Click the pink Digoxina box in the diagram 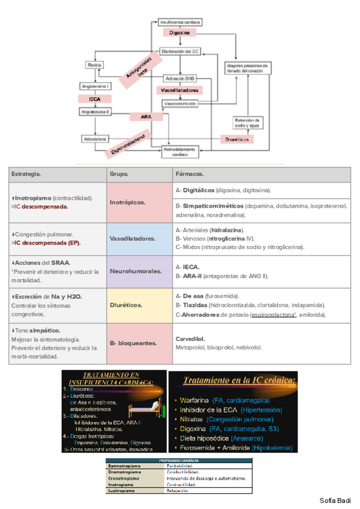point(179,33)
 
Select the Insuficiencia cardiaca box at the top point(180,22)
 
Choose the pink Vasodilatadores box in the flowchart point(179,90)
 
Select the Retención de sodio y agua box point(246,122)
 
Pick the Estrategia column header point(26,174)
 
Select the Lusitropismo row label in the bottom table point(124,490)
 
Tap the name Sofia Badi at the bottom point(335,501)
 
